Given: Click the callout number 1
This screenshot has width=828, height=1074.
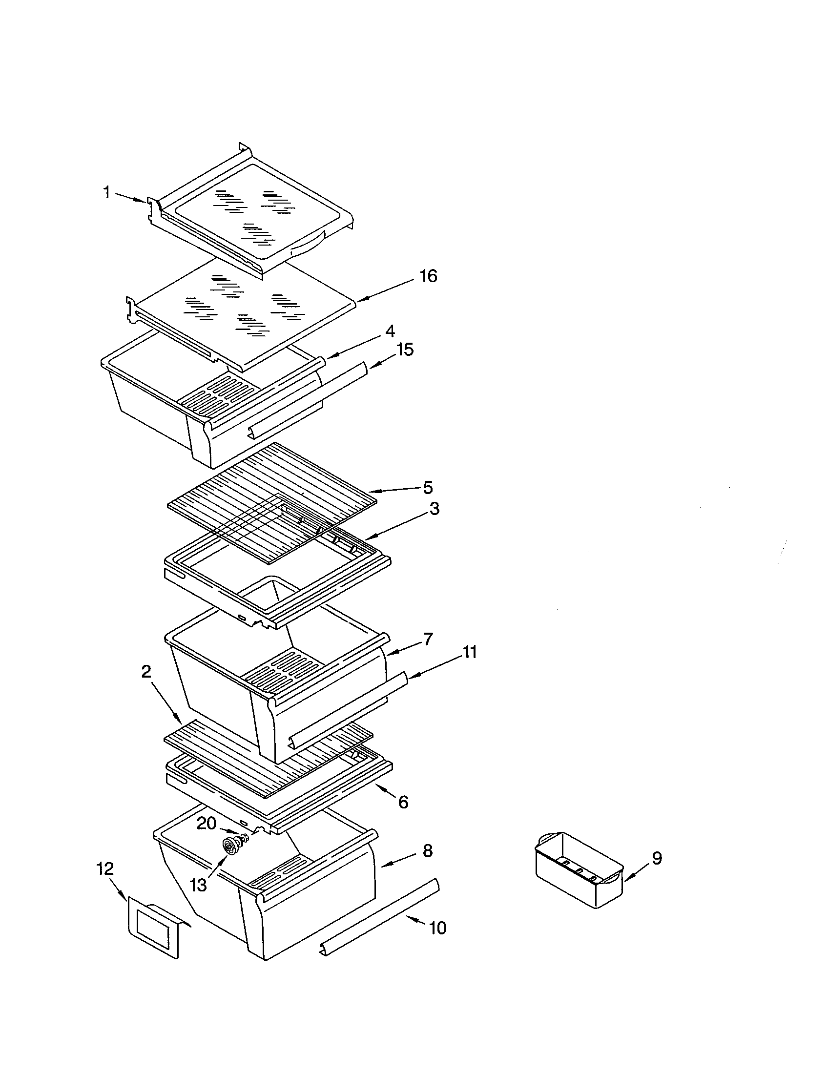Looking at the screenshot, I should (x=106, y=193).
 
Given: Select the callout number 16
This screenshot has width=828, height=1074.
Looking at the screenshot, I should (x=428, y=276).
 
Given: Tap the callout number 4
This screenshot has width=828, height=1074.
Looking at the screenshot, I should (x=390, y=331).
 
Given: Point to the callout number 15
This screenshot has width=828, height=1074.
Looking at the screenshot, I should (x=406, y=350).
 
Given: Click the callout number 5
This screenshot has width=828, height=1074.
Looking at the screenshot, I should (x=428, y=488).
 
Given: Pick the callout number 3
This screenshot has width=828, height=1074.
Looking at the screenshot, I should (x=434, y=509).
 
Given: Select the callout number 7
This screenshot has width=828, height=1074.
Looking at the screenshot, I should (x=428, y=640).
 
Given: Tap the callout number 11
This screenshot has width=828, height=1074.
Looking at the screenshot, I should (x=470, y=653).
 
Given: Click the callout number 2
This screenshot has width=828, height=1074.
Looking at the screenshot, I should (x=146, y=672).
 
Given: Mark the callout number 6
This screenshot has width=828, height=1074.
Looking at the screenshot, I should (x=403, y=803).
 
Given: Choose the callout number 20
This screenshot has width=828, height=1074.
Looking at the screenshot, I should (x=207, y=823).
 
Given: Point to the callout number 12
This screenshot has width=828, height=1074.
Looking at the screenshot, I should (x=105, y=868).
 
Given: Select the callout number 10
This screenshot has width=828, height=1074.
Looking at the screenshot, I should (x=437, y=928).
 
